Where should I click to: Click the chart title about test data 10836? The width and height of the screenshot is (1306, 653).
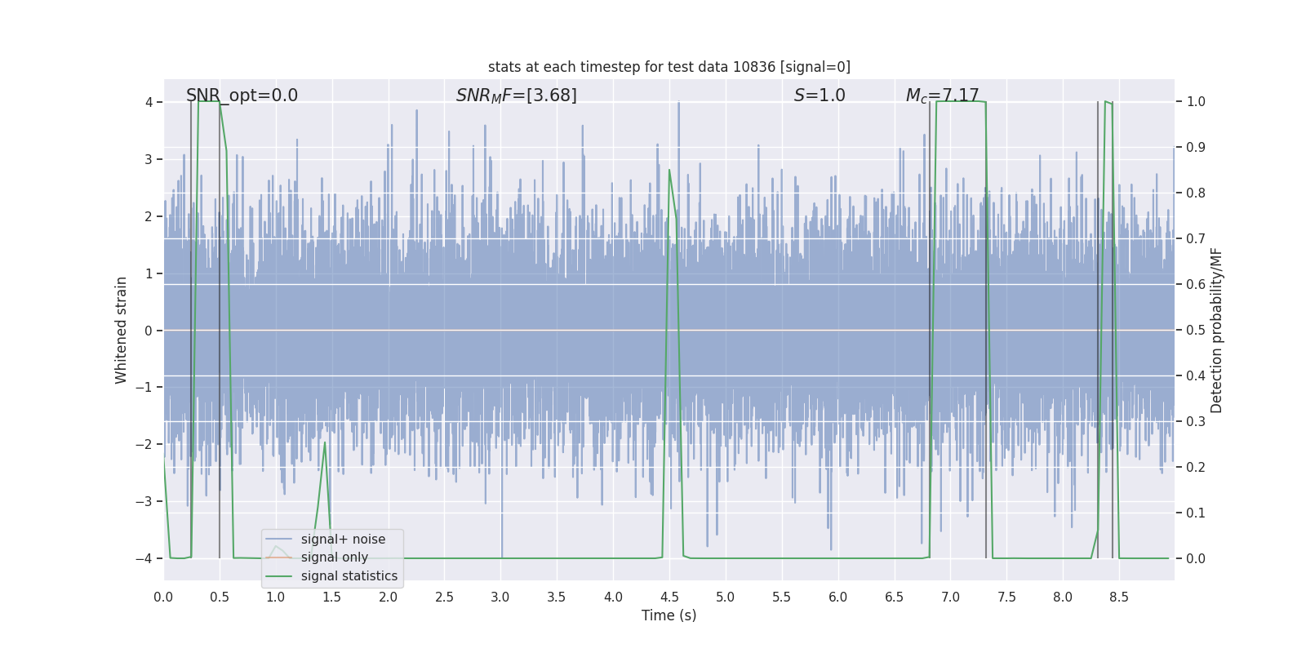pos(669,67)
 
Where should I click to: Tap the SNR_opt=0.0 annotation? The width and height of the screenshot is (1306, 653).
pos(242,96)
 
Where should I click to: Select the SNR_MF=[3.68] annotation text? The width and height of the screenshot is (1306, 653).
pos(516,96)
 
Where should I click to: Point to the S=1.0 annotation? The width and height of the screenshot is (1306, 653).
pos(820,96)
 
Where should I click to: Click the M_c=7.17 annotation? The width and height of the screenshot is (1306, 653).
pos(942,96)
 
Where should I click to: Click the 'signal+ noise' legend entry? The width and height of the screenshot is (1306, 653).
pos(343,540)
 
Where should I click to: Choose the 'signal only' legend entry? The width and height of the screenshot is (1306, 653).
pos(334,557)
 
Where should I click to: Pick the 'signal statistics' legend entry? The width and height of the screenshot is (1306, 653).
pos(349,576)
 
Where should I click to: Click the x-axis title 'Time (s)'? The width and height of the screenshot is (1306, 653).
pos(669,615)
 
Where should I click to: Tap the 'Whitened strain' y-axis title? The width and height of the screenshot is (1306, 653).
pos(122,330)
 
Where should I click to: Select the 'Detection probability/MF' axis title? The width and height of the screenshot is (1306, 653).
pos(1216,330)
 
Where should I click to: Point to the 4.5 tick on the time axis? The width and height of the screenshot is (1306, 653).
pos(669,597)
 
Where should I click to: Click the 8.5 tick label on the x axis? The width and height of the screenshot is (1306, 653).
pos(1118,597)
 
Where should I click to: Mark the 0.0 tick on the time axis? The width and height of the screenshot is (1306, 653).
pos(163,597)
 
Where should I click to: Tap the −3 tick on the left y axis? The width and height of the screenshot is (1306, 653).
pos(144,501)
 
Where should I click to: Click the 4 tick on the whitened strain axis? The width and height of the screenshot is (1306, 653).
pos(149,102)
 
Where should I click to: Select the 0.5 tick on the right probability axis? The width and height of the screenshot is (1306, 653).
pos(1196,331)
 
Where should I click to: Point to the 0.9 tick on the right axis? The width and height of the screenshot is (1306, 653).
pos(1196,148)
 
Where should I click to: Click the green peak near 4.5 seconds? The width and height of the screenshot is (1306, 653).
pos(669,170)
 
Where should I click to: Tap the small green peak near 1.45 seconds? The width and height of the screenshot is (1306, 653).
pos(325,442)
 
